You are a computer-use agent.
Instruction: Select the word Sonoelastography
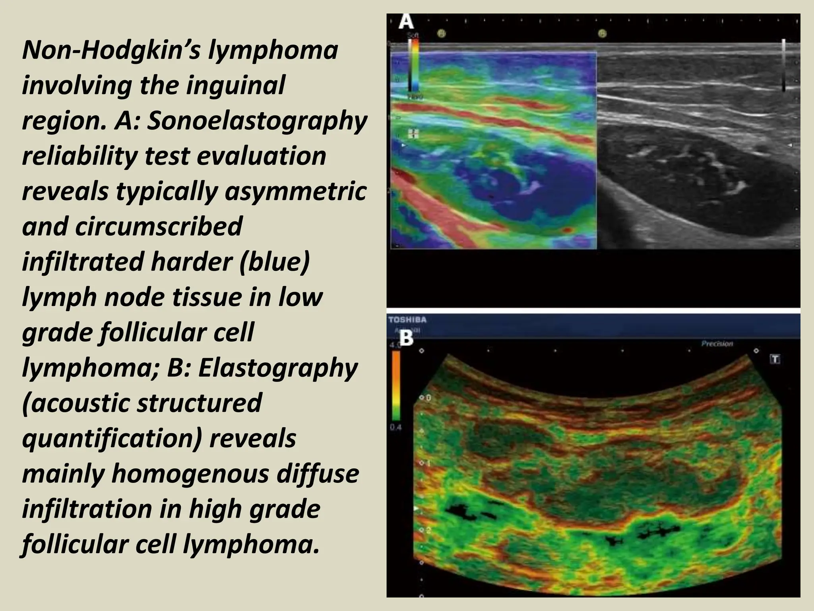click(257, 121)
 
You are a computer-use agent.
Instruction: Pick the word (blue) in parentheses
click(274, 261)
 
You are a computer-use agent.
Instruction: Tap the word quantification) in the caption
click(111, 438)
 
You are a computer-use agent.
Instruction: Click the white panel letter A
click(406, 22)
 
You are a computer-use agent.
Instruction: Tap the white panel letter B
click(406, 339)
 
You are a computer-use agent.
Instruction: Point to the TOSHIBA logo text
click(407, 320)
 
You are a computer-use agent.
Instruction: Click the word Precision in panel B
click(717, 344)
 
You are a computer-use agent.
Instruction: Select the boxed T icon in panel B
click(775, 359)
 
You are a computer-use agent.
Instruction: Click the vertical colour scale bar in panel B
click(396, 386)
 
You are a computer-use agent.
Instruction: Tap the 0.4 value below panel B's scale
click(396, 428)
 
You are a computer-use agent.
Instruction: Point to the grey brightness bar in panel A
click(783, 66)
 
